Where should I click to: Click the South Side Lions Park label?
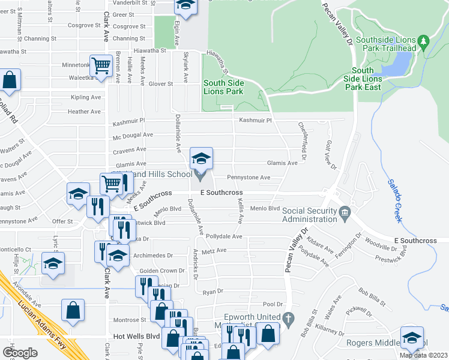(223, 88)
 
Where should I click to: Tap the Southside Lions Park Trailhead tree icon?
(424, 42)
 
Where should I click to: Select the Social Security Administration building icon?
(345, 212)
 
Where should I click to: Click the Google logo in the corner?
(20, 353)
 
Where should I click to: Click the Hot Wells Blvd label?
(127, 337)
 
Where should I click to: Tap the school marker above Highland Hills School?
(202, 160)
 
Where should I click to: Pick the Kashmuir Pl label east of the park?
(256, 121)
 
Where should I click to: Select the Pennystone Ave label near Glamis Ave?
(249, 178)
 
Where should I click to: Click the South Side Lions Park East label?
(363, 79)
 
